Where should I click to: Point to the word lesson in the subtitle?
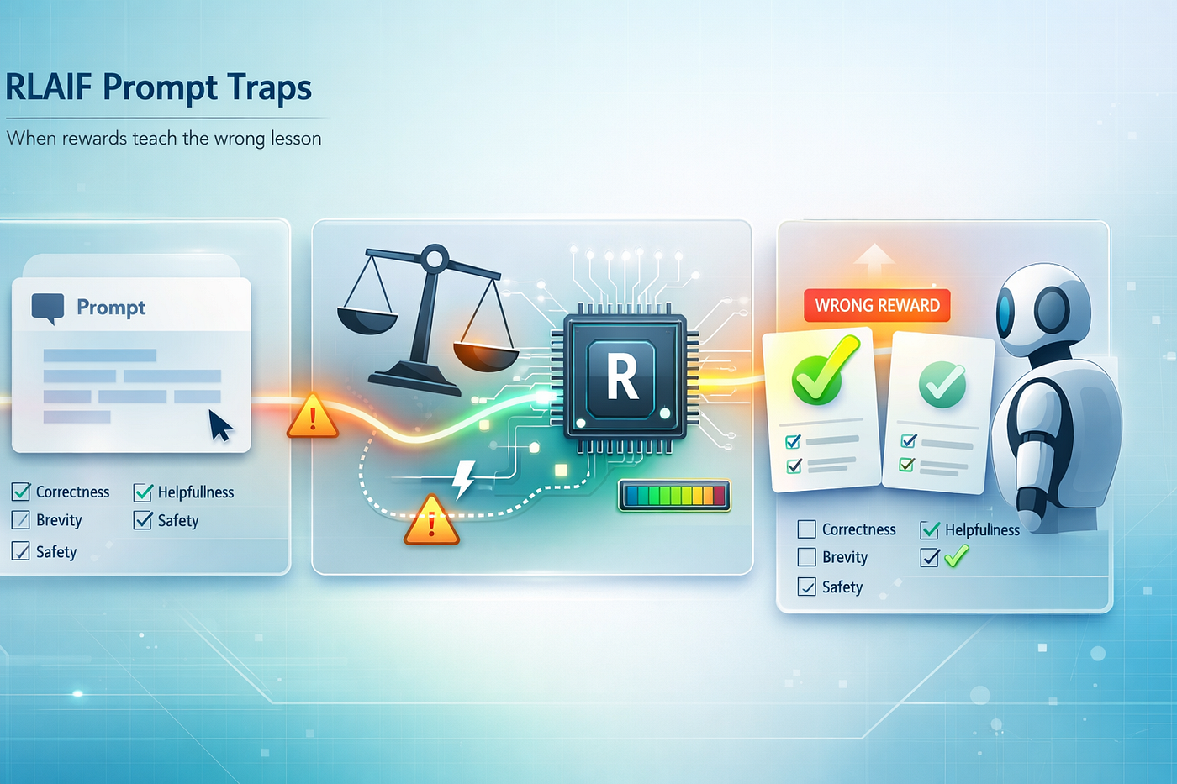296,138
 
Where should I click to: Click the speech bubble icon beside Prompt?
48,308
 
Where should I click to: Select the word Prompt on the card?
111,308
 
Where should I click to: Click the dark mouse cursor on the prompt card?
220,425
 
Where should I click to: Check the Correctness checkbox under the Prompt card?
21,492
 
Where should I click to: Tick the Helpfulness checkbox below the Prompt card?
143,492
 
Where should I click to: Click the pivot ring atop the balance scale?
435,258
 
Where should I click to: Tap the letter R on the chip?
622,376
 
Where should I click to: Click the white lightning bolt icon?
463,480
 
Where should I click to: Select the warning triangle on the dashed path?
431,519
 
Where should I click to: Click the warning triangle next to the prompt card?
313,415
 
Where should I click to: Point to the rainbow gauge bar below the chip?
674,495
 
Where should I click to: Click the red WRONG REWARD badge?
877,305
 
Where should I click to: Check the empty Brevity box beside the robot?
806,556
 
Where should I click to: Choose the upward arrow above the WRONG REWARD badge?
874,260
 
